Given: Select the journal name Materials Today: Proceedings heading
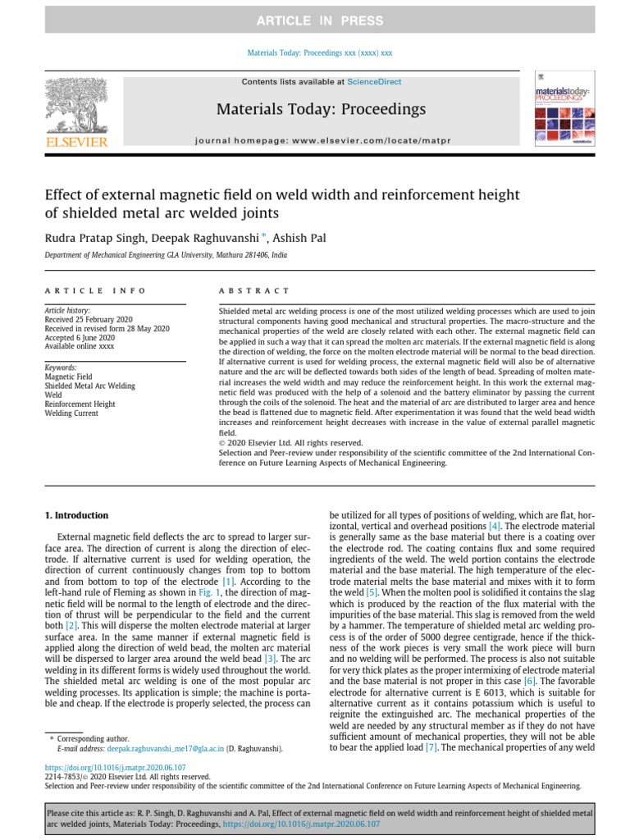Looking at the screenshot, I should point(321,109).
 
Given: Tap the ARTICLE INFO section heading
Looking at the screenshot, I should point(95,290).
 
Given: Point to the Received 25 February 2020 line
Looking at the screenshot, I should point(88,320).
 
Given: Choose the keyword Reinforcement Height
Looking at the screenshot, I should point(80,404).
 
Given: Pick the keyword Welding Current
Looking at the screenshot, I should point(73,413).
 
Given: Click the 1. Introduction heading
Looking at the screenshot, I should point(75,515).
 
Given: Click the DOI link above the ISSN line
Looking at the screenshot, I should point(97,769).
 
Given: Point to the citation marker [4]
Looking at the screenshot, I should point(495,525).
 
